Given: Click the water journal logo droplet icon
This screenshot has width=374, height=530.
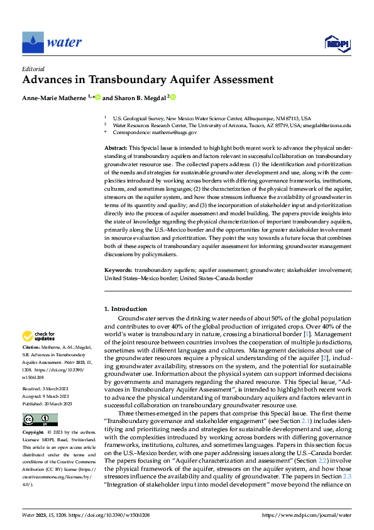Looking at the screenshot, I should coord(33,42).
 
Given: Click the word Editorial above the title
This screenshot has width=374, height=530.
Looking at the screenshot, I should coord(34,69).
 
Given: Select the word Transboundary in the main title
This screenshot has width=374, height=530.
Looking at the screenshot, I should coord(141,80).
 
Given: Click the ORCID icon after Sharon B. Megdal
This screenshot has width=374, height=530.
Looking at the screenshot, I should coord(173,98).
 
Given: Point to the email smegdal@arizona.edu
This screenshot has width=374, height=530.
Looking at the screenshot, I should coord(329,126).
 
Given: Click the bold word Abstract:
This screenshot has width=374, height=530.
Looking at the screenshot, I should coord(115,147).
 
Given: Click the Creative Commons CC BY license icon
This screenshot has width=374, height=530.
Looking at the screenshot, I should coord(40,420).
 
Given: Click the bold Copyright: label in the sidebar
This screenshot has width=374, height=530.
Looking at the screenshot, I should coord(34,434).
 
